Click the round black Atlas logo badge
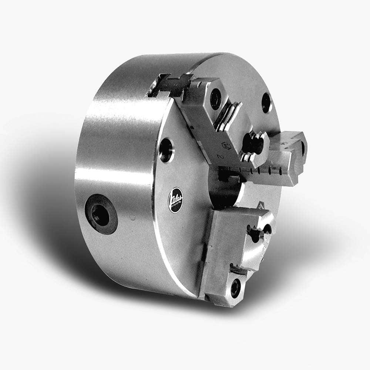pos(175,200)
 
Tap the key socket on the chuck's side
pos(101,214)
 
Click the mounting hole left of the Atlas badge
pos(166,150)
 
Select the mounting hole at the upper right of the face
pos(266,102)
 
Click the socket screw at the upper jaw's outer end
pos(215,99)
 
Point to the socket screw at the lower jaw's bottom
pos(235,287)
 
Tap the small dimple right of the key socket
pos(132,217)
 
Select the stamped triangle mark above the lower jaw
pos(261,205)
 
